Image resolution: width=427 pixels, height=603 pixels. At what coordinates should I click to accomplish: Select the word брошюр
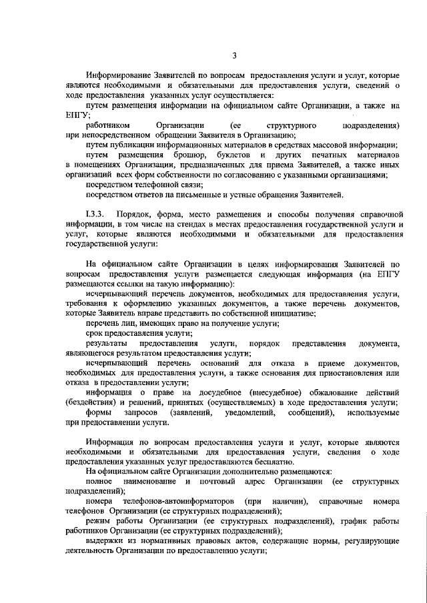[199, 155]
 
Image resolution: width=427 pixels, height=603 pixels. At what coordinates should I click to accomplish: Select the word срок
[95, 333]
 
